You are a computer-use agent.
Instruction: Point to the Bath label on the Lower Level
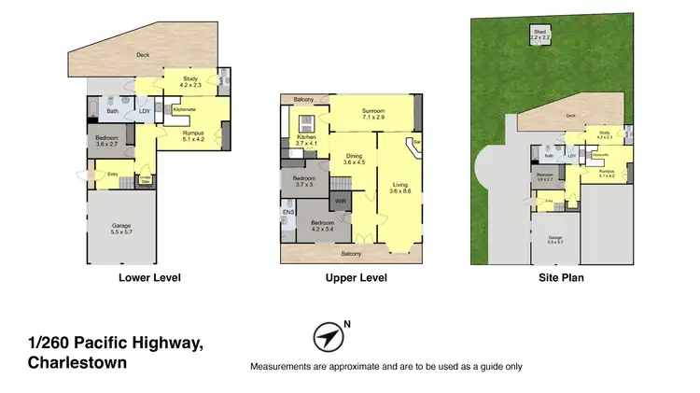pyautogui.click(x=112, y=112)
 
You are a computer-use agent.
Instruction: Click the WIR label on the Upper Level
pyautogui.click(x=342, y=200)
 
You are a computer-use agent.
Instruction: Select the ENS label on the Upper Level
pyautogui.click(x=287, y=213)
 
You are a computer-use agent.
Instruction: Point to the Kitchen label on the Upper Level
pyautogui.click(x=307, y=139)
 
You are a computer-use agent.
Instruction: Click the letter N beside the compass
pyautogui.click(x=347, y=325)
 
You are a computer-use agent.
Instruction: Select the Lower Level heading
pyautogui.click(x=149, y=277)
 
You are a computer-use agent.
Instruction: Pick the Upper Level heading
pyautogui.click(x=356, y=277)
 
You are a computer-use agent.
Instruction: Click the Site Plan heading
pyautogui.click(x=560, y=277)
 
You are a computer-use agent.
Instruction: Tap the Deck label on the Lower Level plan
pyautogui.click(x=143, y=55)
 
